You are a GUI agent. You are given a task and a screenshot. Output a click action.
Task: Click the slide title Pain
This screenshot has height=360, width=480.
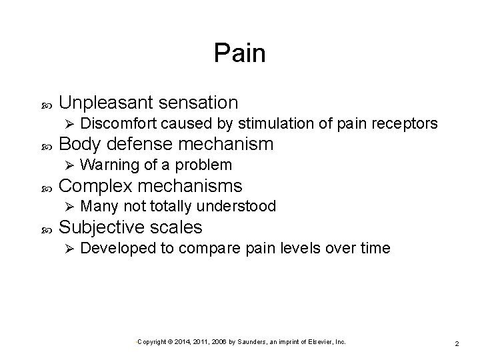click(x=239, y=53)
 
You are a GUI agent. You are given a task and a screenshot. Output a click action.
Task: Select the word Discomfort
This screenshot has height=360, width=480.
click(x=127, y=123)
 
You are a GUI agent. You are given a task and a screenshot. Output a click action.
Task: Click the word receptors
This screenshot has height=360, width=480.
click(x=409, y=123)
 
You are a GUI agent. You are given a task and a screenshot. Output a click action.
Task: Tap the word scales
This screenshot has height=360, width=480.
click(x=178, y=227)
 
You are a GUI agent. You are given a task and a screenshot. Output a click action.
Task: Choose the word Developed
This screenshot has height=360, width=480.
click(x=119, y=248)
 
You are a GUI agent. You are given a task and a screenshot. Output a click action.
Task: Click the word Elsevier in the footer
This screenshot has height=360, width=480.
click(x=316, y=342)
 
